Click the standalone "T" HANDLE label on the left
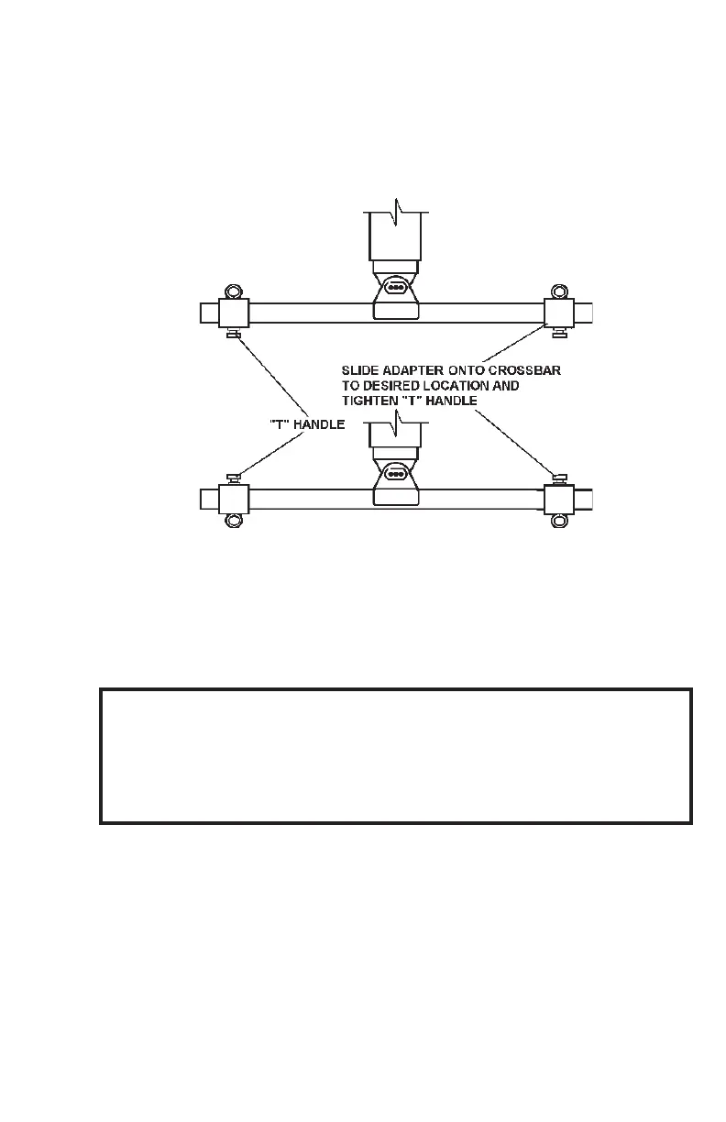pyautogui.click(x=305, y=423)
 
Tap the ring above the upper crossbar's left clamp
pyautogui.click(x=233, y=291)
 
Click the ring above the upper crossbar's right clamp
pyautogui.click(x=557, y=291)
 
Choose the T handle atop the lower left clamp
pyautogui.click(x=233, y=478)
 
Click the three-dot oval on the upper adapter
pyautogui.click(x=396, y=287)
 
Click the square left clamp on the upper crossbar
pyautogui.click(x=233, y=313)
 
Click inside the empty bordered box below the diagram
pyautogui.click(x=395, y=755)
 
